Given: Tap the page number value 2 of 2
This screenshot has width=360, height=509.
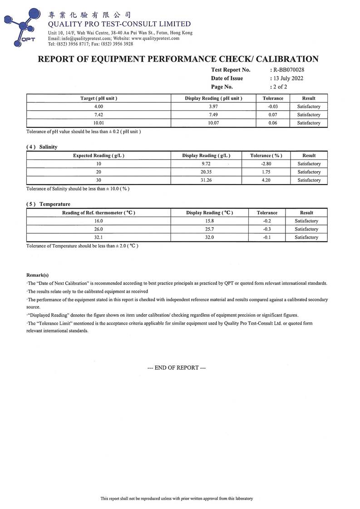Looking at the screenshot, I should pos(280,87).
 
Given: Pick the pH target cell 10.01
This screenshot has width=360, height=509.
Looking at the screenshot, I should pos(99,123).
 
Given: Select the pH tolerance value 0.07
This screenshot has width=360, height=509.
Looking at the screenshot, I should pos(273,115).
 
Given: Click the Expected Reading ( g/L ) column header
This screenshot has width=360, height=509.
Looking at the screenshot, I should pos(99,156).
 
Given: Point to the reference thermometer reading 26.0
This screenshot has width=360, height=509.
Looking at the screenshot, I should pos(99,229).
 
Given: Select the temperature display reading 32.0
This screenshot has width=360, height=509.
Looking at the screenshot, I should pos(209,237).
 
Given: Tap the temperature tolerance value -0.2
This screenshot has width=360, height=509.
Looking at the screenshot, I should pos(267,221).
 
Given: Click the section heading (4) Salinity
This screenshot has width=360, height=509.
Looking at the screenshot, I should pos(42,147).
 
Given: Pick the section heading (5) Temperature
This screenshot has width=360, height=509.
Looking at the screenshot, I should pos(48,204).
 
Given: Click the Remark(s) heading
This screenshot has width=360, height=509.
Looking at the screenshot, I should pos(38,275).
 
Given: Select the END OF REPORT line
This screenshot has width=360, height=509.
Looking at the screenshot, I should pos(177,367).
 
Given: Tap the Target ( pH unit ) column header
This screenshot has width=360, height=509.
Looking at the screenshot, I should pos(99,98).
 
